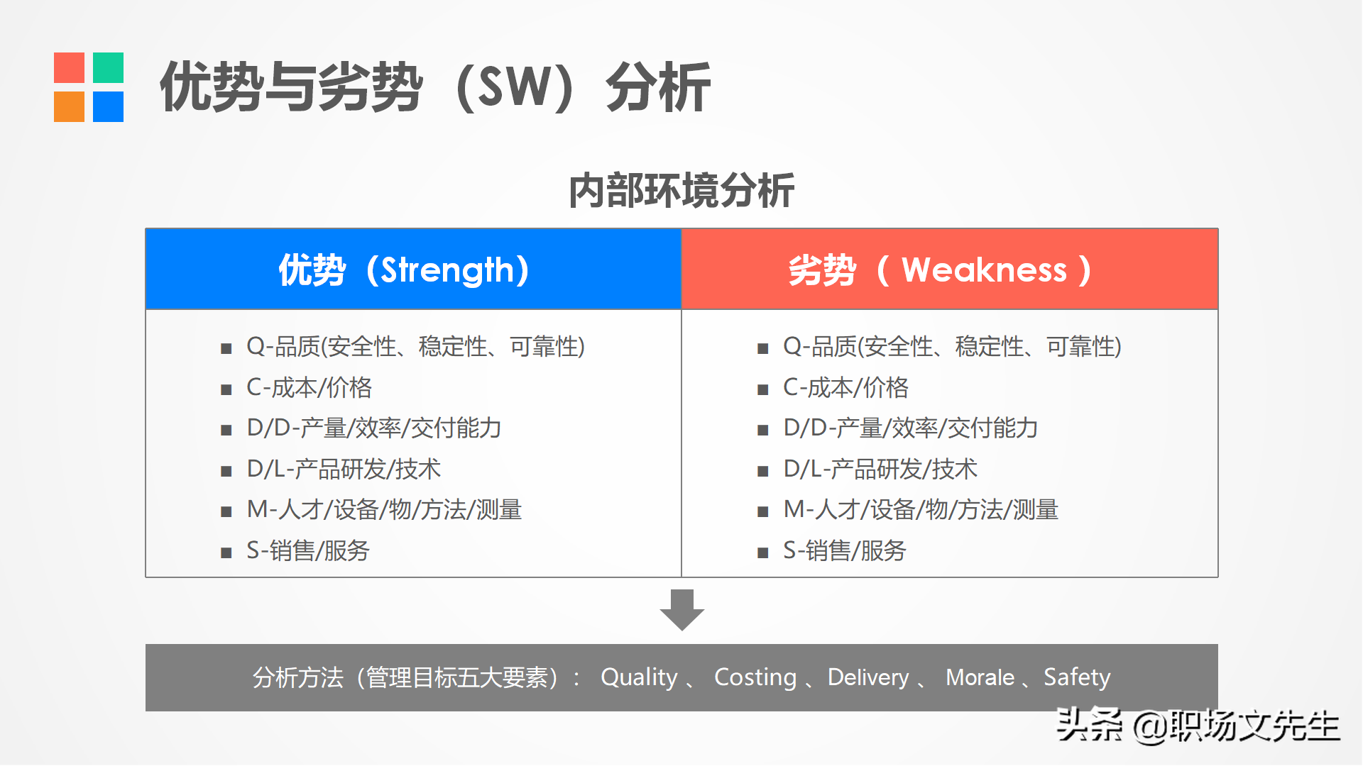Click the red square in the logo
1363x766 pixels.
[69, 67]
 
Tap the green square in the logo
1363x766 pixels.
[108, 67]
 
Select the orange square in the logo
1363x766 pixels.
[69, 106]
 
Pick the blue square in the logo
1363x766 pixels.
[108, 106]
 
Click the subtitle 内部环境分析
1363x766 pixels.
[681, 190]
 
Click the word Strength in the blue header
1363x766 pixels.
[447, 270]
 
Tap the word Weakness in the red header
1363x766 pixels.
[984, 270]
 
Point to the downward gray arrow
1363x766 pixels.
[681, 610]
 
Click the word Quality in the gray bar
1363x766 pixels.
[639, 678]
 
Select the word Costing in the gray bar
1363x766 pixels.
[755, 678]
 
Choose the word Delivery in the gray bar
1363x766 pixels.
[868, 678]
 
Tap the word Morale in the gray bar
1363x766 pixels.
[980, 677]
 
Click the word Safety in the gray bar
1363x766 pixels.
[1077, 678]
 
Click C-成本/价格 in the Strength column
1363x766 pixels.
[309, 387]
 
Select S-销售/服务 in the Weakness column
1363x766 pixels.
[845, 550]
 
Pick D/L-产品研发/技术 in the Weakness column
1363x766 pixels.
[880, 469]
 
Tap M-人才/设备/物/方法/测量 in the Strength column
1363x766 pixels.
[384, 509]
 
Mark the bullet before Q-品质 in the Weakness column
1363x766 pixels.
[763, 348]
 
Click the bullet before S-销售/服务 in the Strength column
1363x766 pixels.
[226, 553]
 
